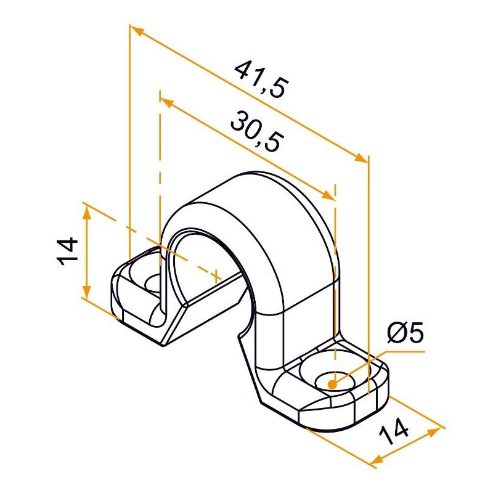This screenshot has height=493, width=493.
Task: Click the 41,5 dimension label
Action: coord(261,79)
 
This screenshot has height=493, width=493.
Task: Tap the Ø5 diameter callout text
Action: coord(405,333)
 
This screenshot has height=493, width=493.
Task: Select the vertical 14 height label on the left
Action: coord(67,251)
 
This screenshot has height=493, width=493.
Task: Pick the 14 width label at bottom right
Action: coord(393,431)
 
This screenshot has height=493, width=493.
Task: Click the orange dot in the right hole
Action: coord(332,384)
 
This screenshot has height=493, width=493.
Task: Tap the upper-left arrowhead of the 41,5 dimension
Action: coord(137,30)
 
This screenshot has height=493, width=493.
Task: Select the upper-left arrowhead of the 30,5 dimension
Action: coord(167,102)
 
